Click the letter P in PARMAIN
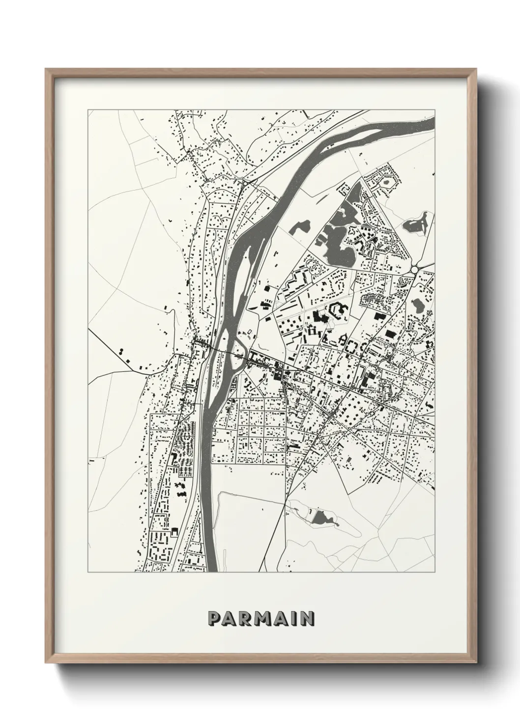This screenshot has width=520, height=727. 214,617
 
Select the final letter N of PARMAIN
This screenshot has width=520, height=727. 308,617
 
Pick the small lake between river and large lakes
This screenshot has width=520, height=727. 300,227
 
